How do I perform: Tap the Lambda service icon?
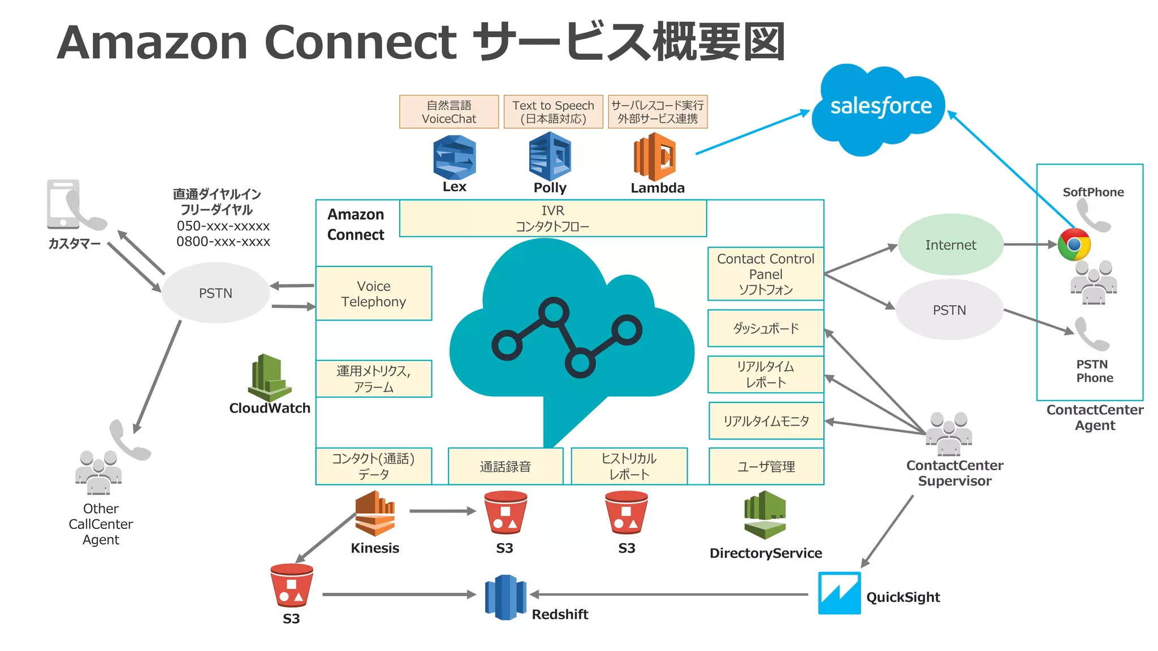655,157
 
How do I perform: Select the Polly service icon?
550,157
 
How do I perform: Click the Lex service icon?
454,158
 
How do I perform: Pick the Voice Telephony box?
374,293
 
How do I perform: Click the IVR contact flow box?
552,218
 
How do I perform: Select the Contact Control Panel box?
766,274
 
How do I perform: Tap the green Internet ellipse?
950,245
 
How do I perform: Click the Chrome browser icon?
1074,245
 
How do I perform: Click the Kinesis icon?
374,514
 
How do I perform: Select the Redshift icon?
505,597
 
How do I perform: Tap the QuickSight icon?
839,593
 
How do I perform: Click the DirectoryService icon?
764,515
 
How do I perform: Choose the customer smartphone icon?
64,204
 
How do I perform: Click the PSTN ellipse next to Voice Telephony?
215,293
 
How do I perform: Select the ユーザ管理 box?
766,467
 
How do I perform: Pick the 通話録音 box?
505,467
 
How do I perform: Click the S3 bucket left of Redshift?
291,585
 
